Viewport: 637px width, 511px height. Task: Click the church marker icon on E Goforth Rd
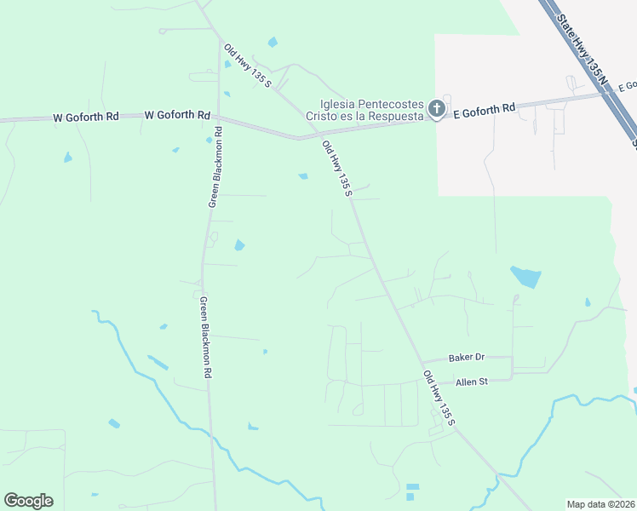click(436, 108)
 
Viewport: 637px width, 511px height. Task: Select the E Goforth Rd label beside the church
click(485, 108)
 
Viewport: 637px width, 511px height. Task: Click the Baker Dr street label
click(466, 359)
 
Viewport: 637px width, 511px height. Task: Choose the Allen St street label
click(471, 382)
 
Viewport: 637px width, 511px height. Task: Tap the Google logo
click(28, 501)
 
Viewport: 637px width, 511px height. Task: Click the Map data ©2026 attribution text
click(601, 504)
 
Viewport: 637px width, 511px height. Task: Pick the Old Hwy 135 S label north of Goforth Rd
click(247, 66)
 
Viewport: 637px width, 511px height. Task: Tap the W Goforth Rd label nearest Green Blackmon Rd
click(178, 115)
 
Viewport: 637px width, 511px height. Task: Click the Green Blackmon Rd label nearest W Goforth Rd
click(215, 167)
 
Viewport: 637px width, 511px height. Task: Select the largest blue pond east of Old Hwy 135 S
click(525, 276)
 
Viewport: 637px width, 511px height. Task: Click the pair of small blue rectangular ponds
click(412, 491)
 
